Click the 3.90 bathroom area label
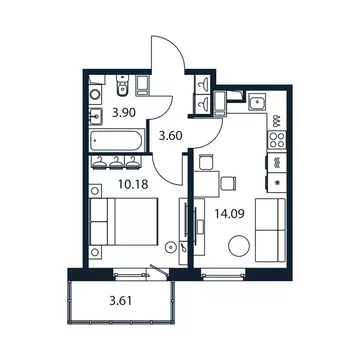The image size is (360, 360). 123,113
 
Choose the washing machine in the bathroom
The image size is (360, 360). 140,86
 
